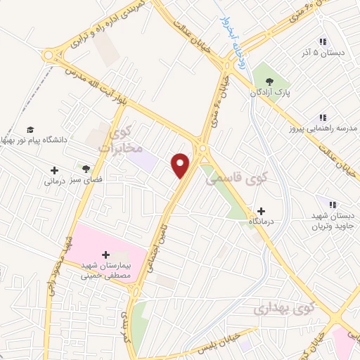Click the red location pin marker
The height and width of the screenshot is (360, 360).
pos(181,165)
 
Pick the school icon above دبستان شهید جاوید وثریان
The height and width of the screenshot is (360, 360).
pos(323,205)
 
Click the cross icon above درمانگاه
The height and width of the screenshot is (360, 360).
pos(261,210)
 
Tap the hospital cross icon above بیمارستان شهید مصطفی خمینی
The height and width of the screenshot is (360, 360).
pos(105,255)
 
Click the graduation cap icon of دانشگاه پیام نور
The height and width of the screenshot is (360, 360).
pos(30,129)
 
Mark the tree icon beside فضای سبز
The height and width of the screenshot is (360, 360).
pos(86,169)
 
